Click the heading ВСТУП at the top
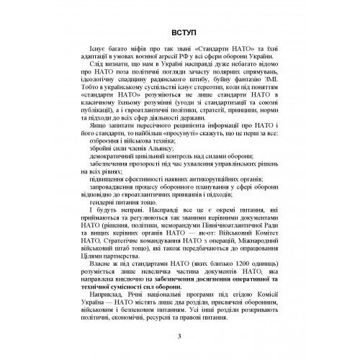click(x=179, y=32)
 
